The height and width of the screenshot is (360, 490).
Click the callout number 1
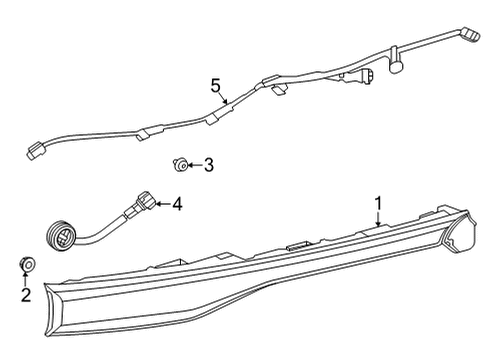tap(378, 204)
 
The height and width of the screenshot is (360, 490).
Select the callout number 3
tap(208, 164)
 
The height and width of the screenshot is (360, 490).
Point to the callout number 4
tap(176, 205)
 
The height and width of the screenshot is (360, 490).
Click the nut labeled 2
tap(26, 265)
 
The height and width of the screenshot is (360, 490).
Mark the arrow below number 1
tap(377, 220)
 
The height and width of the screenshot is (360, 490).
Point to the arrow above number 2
tap(26, 279)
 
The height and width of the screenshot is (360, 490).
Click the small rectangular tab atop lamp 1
tap(296, 244)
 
